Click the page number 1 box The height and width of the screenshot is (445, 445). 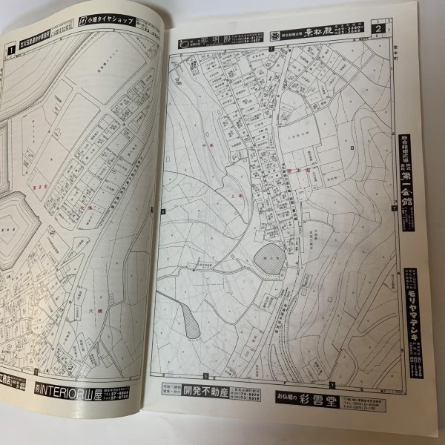(10, 50)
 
